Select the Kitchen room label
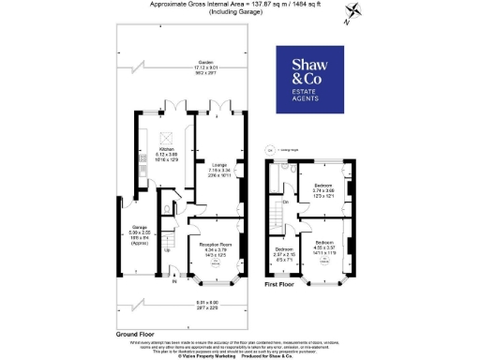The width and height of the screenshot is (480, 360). tap(167, 156)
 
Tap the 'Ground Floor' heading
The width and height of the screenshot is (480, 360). tap(135, 333)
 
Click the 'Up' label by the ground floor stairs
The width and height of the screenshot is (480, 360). tap(168, 250)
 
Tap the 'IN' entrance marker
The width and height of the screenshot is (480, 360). tap(174, 278)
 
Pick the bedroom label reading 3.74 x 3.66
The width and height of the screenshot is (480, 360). tap(323, 189)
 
